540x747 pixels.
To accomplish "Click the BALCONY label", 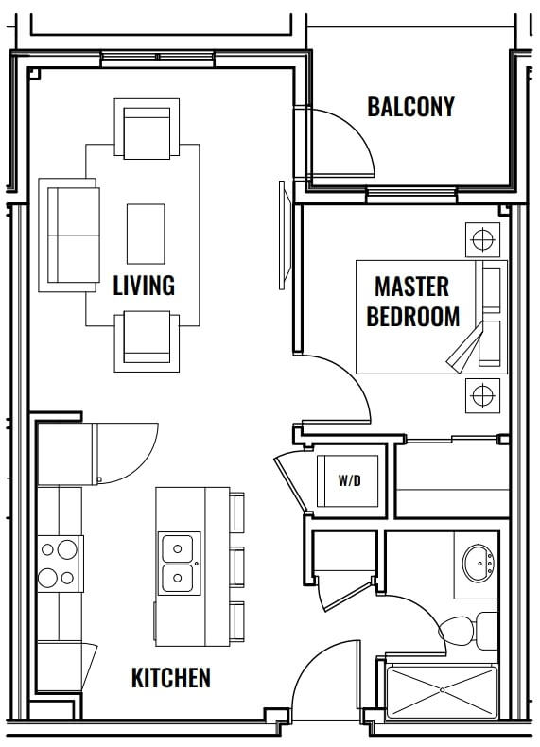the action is (x=410, y=107).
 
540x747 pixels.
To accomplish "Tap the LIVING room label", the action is (x=144, y=285).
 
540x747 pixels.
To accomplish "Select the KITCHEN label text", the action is (x=170, y=677).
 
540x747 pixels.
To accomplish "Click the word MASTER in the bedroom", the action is (x=411, y=287).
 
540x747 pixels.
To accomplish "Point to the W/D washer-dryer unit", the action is (x=349, y=480).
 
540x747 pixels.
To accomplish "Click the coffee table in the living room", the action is (x=146, y=234).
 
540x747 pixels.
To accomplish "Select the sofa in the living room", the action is (x=69, y=235).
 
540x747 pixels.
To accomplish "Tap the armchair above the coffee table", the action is (x=147, y=129).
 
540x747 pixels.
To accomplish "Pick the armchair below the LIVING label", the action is (x=147, y=341).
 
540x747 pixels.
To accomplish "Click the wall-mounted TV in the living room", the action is (x=285, y=235).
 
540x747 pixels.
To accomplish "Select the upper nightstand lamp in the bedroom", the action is (x=482, y=239).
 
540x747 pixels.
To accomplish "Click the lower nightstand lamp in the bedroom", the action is (x=482, y=395).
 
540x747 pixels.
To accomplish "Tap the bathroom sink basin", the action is (x=479, y=564).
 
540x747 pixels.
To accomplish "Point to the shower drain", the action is (x=443, y=689).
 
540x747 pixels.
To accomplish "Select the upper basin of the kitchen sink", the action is (x=178, y=548).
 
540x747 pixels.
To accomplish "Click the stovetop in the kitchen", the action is (x=61, y=564).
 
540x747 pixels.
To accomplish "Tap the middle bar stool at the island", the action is (x=236, y=567).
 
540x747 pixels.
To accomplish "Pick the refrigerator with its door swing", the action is (x=97, y=454).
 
